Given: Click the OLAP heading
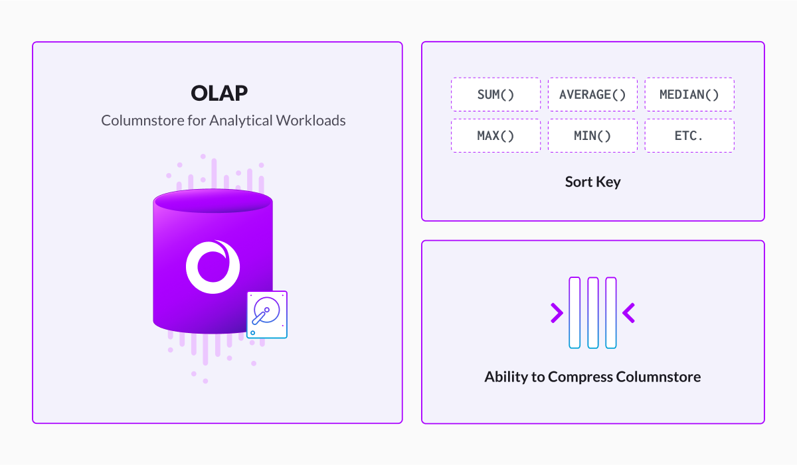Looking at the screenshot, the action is point(219,93).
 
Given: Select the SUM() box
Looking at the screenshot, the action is point(495,94).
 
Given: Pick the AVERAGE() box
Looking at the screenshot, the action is point(592,94).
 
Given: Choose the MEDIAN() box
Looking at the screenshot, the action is point(689,94).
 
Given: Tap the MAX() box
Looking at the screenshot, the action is point(495,136).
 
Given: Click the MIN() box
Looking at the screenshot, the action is point(592,136).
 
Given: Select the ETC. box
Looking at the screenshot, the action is point(689,136).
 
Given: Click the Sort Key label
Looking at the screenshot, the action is point(592,182).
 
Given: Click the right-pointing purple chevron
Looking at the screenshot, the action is point(557,313).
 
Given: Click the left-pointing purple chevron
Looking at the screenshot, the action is point(629,313).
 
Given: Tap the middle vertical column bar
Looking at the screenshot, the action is point(592,312).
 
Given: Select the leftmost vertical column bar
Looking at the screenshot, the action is point(575,312).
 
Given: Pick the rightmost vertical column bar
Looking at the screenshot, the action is point(611,312).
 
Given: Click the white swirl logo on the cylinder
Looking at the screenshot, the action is point(213,267).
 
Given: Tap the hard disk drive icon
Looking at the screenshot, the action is point(267,314).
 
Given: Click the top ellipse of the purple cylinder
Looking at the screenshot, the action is point(213,201).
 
